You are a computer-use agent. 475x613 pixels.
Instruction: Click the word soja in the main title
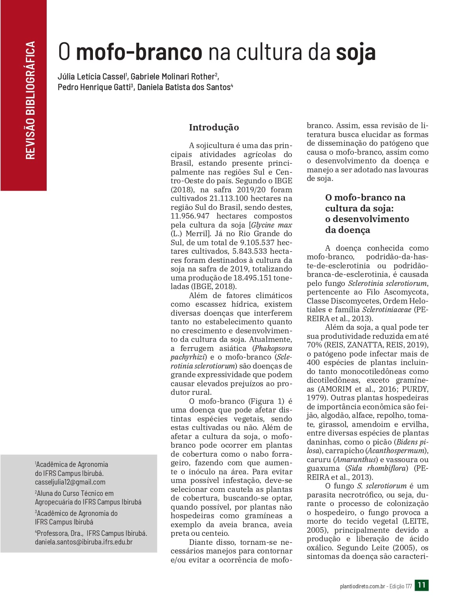tap(355, 52)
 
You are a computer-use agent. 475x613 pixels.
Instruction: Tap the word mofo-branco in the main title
tap(139, 52)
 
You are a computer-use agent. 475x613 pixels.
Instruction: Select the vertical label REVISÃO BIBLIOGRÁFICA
tap(30, 100)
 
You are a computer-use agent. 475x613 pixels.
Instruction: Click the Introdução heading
tap(214, 127)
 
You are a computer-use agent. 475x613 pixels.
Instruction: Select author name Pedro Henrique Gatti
tap(94, 87)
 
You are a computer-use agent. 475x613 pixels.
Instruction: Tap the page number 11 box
tap(422, 585)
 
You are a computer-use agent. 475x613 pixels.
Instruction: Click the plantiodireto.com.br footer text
tap(362, 586)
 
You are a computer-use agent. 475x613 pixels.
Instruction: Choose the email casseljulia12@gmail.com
tap(70, 482)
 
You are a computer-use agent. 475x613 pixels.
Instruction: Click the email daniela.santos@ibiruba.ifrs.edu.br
tap(84, 542)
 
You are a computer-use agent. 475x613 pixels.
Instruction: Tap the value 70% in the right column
tap(314, 345)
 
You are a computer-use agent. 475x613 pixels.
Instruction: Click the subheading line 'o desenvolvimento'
tap(367, 219)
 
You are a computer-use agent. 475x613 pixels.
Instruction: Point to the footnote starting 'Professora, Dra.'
tap(91, 533)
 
